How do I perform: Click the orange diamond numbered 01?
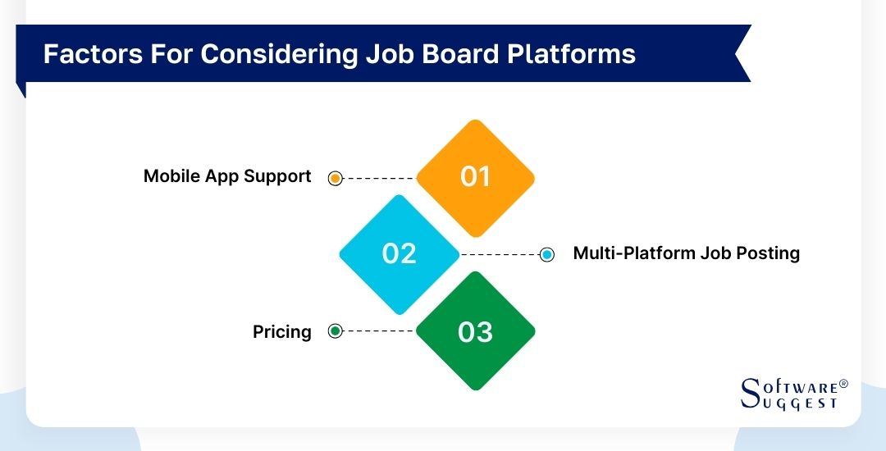475,177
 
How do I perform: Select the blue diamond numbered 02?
400,253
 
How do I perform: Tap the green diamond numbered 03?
475,331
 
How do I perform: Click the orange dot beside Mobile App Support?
335,178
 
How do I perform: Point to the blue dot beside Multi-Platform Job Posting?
547,254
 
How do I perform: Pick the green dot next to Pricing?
335,331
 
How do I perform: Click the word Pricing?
281,332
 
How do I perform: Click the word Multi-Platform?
633,253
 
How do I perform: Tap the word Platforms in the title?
570,53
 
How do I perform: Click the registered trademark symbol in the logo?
843,383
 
